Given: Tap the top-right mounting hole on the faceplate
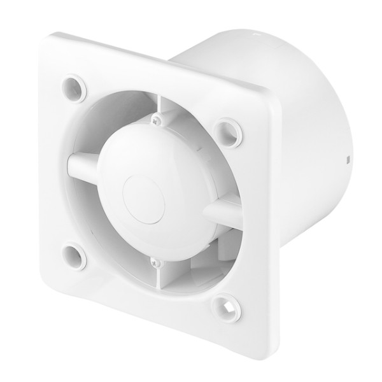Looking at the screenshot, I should [225, 131].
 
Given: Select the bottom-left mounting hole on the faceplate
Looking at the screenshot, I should [74, 254].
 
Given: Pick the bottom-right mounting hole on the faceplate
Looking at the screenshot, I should [226, 308].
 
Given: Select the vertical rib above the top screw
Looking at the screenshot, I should [160, 102].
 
